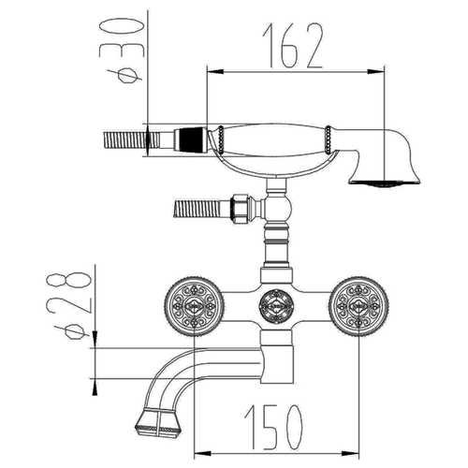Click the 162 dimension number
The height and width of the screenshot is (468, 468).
click(292, 46)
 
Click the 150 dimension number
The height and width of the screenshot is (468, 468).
click(273, 428)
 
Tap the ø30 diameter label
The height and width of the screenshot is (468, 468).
click(122, 51)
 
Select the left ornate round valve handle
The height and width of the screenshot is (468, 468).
click(194, 306)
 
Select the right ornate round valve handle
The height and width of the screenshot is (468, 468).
click(358, 306)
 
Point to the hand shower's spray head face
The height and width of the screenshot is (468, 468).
click(385, 183)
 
